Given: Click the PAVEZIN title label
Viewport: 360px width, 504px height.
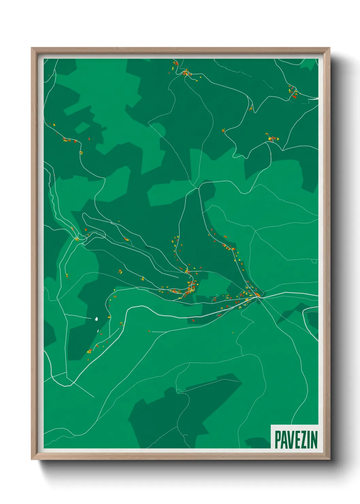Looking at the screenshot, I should click(296, 439).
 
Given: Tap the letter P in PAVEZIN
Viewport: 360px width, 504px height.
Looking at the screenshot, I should click(278, 440).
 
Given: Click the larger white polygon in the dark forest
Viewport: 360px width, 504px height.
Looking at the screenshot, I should click(96, 319).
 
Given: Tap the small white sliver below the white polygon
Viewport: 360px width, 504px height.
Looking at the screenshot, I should click(98, 331).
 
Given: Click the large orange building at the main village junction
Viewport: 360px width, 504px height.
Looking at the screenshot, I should click(257, 294).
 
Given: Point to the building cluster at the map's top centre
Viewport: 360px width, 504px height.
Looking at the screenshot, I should click(185, 73).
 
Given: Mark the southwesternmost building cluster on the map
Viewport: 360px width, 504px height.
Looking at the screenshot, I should click(89, 351).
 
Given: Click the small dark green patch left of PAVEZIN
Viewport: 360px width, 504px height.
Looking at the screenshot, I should click(257, 442).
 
